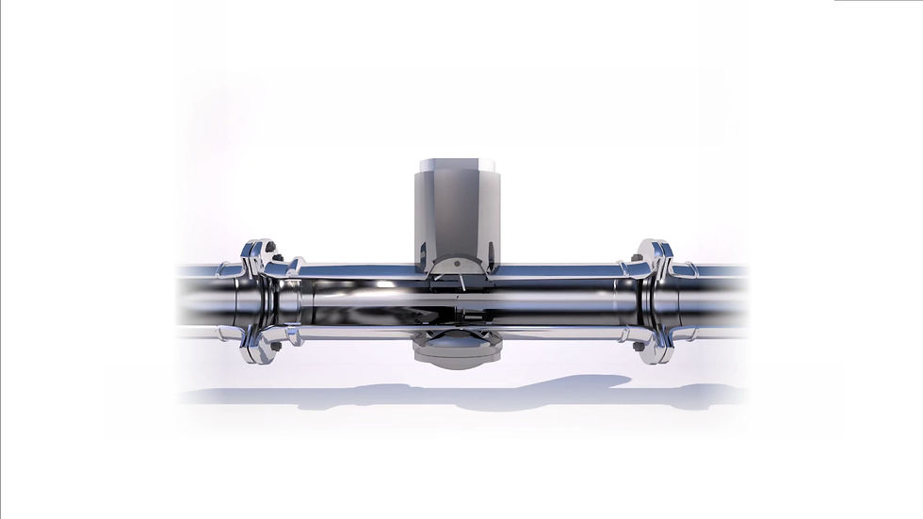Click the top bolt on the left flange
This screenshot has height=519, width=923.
(269, 249)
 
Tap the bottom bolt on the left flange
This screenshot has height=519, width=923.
(274, 347)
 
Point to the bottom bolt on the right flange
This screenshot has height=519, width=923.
(640, 346)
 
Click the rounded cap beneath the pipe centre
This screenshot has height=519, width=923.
(456, 353)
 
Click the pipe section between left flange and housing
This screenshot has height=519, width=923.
(358, 300)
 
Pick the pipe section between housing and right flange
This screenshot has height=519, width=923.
(556, 300)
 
